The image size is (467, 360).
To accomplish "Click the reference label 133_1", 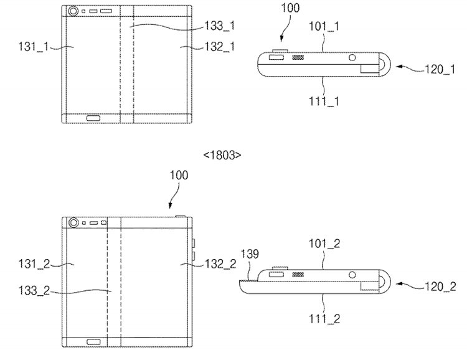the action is pos(220,26).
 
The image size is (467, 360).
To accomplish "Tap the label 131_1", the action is pos(34,47).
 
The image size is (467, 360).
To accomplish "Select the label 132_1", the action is pos(220,47).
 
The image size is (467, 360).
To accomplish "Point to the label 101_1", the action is pos(324,27).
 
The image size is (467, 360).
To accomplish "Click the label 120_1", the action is pos(440,69).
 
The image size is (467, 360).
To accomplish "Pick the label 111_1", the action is pos(324,102).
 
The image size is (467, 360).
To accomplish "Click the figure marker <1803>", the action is pos(222,155).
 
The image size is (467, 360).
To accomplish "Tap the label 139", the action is pos(250,254).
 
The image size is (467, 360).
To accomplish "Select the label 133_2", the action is pos(34,290).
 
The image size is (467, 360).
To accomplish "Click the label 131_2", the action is pos(34,263).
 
